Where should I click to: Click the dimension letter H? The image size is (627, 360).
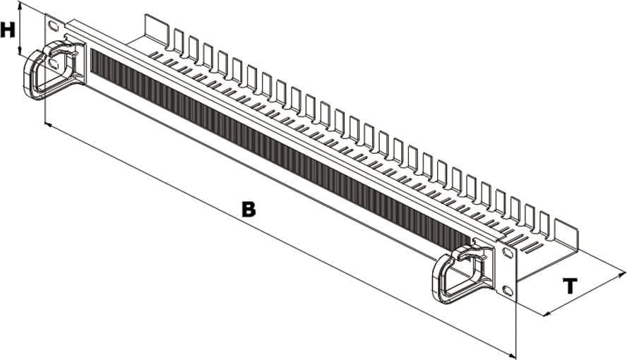point(8,30)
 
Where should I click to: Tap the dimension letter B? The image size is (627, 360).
point(249,209)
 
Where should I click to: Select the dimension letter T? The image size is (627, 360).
point(571,286)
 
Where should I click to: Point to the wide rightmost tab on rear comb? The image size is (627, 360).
point(566,234)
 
